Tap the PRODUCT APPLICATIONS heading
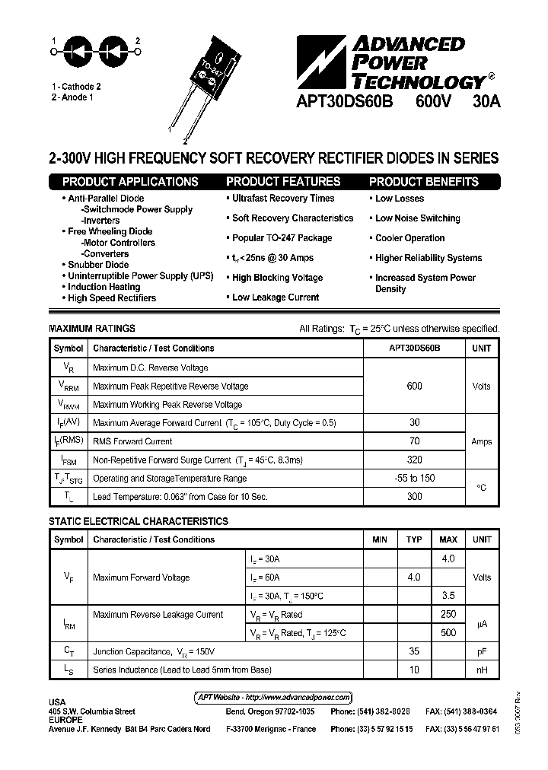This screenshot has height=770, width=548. pos(130,182)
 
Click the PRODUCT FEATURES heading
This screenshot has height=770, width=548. pos(283,182)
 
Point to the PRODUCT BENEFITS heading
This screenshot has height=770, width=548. pos(424,182)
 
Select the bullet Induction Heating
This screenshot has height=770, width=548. pos(104,287)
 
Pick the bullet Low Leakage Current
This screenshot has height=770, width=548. pos(275,297)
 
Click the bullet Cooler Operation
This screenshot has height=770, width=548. pos(409,238)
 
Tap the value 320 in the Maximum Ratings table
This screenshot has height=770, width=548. pos(414,460)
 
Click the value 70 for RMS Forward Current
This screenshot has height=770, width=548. pos(414,441)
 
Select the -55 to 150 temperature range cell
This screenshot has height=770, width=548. pos(414,479)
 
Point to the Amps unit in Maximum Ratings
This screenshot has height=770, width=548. pos(481,441)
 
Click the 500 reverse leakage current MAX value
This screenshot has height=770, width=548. pos(448,632)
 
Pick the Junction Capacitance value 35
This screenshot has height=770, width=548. pos(414,651)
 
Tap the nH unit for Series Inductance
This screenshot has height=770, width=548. pos(481,670)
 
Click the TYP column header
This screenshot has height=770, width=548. pos(414,539)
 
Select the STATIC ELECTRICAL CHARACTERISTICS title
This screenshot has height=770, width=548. pos(139,522)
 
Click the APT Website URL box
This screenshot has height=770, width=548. pos(269,697)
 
